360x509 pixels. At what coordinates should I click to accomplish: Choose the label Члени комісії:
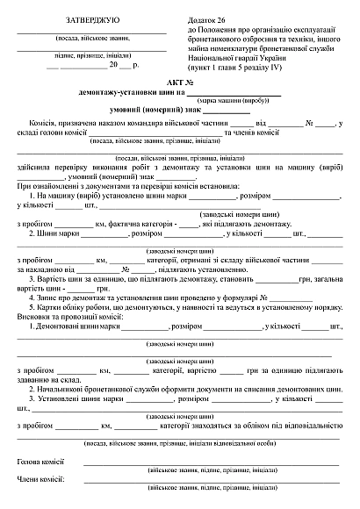pyautogui.click(x=40, y=479)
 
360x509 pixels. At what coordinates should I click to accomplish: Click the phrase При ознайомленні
pyautogui.click(x=47, y=186)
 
